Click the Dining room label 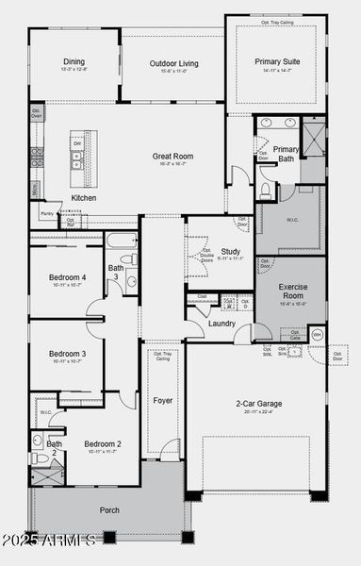coord(74,62)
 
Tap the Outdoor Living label coord(172,64)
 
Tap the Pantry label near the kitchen coord(46,214)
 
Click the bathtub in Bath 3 coord(122,241)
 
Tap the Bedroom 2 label coord(102,443)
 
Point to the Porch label coord(109,510)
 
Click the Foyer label coord(162,401)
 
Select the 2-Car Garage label coord(257,404)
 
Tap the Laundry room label coord(222,324)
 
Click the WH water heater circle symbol coord(317,335)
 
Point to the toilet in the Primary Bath coord(265,191)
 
